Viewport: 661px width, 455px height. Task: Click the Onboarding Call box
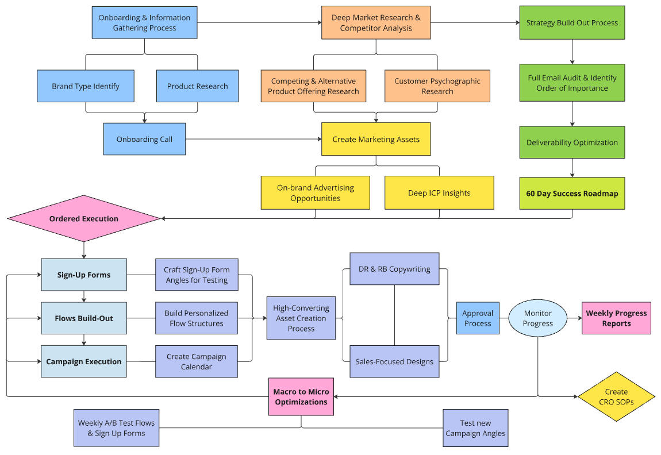[x=144, y=139]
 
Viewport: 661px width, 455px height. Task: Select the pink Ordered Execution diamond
[x=84, y=218]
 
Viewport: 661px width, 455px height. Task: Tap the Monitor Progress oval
[x=537, y=318]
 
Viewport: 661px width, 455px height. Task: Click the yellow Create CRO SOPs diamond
[x=616, y=397]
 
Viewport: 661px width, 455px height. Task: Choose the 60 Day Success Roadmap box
[x=572, y=193]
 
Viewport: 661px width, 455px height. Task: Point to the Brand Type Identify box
[x=85, y=86]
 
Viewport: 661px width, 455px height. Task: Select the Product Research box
[x=197, y=86]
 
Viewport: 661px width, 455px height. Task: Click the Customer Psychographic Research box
[x=437, y=86]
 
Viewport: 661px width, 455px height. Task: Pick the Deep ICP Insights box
[x=439, y=193]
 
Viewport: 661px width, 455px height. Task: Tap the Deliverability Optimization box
[x=572, y=142]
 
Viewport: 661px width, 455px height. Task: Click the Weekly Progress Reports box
[x=616, y=318]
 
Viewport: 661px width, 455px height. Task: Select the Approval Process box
[x=478, y=318]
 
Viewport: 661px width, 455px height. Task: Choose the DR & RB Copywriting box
[x=394, y=269]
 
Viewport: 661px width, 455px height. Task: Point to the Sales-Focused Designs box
[x=394, y=361]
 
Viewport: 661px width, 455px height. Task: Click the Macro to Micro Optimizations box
[x=301, y=397]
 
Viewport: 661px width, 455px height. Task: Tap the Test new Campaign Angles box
[x=475, y=428]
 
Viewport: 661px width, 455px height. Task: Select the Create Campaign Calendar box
[x=197, y=361]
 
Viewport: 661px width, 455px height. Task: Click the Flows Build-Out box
[x=84, y=318]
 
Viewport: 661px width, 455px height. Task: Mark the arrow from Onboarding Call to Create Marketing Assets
[x=253, y=139]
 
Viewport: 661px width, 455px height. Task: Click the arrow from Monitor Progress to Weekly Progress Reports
[x=574, y=318]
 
